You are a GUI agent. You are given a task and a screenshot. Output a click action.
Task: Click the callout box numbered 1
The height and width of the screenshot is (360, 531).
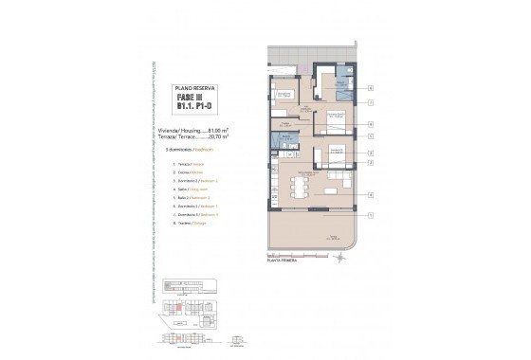371,216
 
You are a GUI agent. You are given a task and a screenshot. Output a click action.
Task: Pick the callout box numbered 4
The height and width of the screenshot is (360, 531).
371,194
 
